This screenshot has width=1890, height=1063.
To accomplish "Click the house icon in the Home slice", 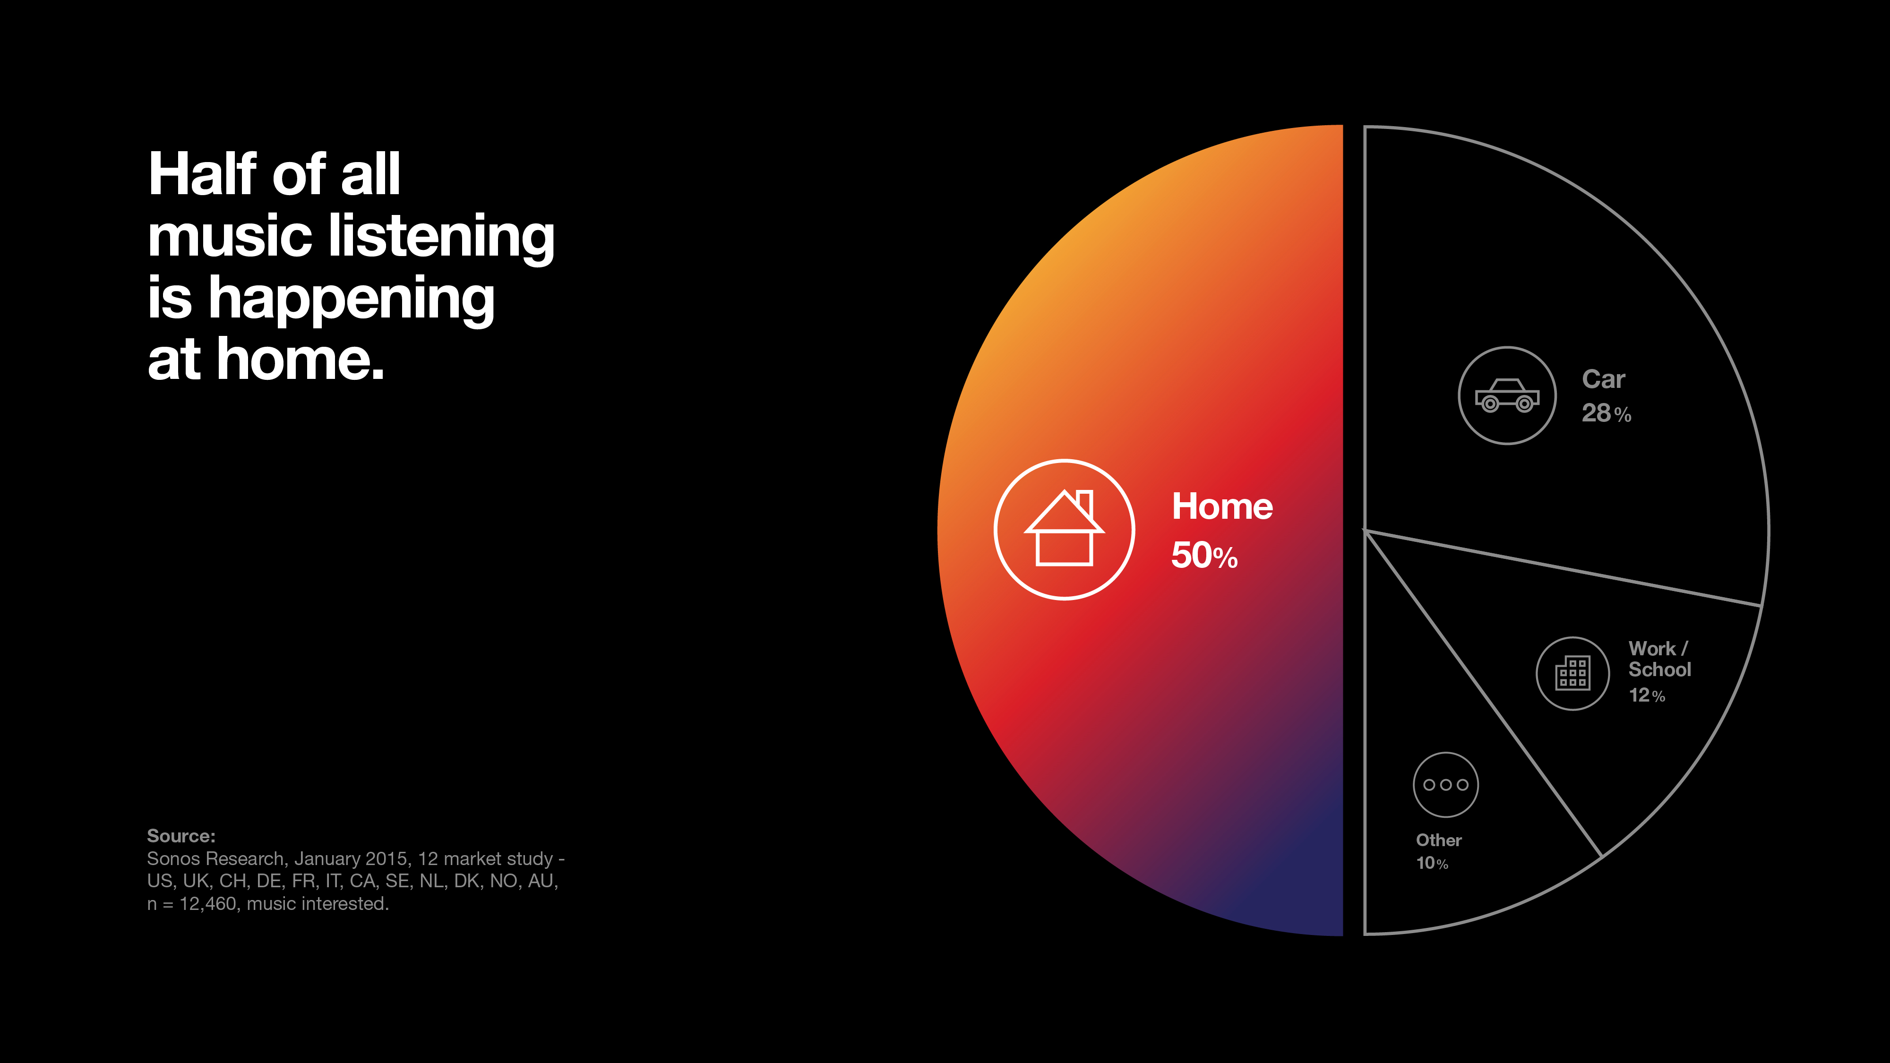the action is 1064,528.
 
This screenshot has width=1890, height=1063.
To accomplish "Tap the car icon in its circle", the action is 1507,395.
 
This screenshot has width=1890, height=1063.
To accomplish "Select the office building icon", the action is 1573,673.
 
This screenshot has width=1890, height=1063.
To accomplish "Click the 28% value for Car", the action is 1606,413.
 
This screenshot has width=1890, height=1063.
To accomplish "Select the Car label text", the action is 1604,379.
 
